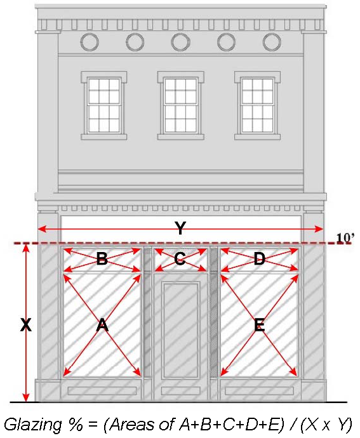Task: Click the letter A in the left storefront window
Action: [102, 326]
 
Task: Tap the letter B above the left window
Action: [102, 259]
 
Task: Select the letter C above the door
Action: [180, 259]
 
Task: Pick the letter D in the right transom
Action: [259, 259]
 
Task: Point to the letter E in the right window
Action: [259, 326]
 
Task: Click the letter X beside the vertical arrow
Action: [25, 325]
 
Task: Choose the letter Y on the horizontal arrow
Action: [181, 229]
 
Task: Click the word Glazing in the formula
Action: [29, 423]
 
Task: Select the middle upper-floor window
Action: [181, 105]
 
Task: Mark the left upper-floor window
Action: [103, 105]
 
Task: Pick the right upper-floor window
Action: [258, 105]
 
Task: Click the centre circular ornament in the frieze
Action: [181, 42]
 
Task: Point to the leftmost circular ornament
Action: [90, 42]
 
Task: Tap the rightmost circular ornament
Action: [272, 42]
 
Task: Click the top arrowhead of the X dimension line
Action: [25, 248]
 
